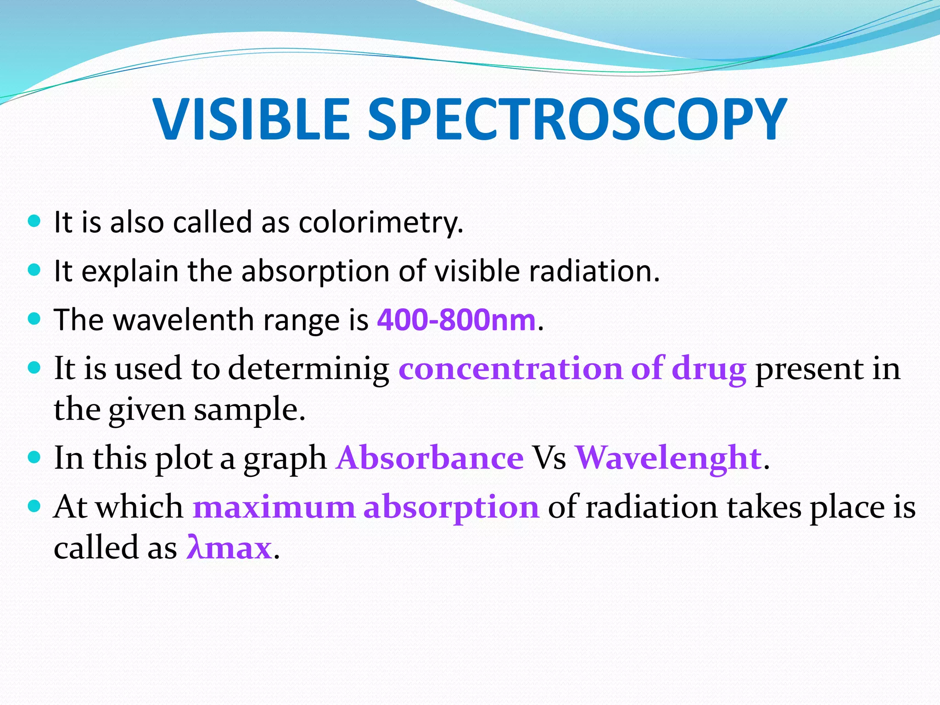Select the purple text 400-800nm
pyautogui.click(x=456, y=320)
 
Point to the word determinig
pyautogui.click(x=308, y=369)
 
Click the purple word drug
pyautogui.click(x=709, y=369)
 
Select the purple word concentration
pyautogui.click(x=510, y=369)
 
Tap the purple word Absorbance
pyautogui.click(x=430, y=458)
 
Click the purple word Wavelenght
pyautogui.click(x=668, y=458)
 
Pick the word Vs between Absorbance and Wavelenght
pyautogui.click(x=549, y=458)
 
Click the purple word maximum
pyautogui.click(x=274, y=508)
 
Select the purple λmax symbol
pyautogui.click(x=229, y=548)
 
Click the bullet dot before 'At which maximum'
pyautogui.click(x=34, y=506)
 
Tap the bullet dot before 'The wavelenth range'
pyautogui.click(x=34, y=318)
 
